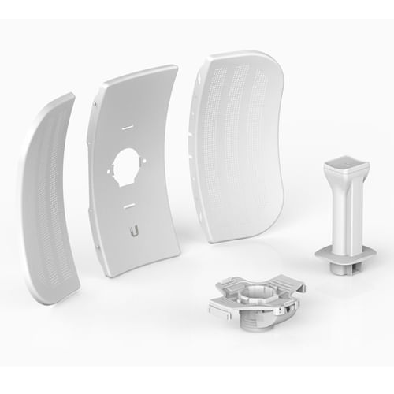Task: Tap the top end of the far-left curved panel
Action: tap(67, 98)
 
